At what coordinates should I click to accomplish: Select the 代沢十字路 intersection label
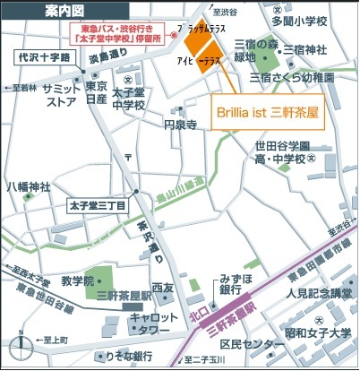42,56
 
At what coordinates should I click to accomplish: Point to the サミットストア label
60,93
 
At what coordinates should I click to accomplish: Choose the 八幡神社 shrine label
30,187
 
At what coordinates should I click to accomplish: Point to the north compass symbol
18,349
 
